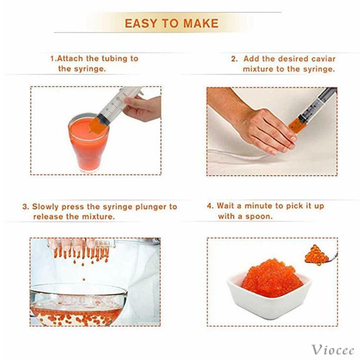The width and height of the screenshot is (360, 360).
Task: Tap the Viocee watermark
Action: click(x=333, y=350)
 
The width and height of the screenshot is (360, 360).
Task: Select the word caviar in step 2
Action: click(x=324, y=59)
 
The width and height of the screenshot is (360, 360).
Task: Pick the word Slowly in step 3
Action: click(x=45, y=207)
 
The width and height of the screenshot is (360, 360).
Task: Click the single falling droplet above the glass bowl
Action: click(x=84, y=279)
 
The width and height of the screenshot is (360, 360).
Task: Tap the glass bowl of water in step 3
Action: click(x=78, y=306)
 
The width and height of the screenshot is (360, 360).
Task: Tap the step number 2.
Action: click(x=234, y=59)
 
